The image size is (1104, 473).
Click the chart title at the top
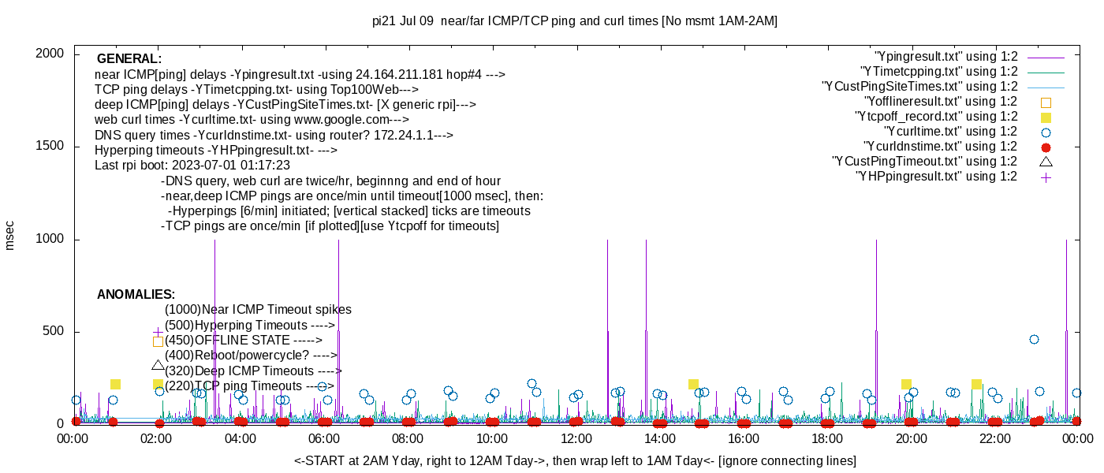(x=574, y=21)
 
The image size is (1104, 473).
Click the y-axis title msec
(x=10, y=235)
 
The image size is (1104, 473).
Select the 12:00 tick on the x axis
(x=576, y=438)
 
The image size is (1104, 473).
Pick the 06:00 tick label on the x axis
(x=324, y=438)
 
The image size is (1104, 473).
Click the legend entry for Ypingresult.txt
(x=946, y=57)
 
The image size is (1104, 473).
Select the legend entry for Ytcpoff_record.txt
(x=936, y=117)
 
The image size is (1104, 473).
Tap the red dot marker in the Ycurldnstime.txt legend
(x=1046, y=147)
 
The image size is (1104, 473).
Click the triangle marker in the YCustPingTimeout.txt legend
(x=1046, y=162)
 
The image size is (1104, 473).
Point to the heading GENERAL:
(x=129, y=59)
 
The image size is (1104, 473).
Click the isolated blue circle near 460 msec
(x=1034, y=340)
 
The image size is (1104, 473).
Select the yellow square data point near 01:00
(x=115, y=384)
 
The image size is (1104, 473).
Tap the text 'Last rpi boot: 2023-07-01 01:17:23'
(x=192, y=166)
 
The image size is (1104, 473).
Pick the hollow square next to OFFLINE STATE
(x=158, y=341)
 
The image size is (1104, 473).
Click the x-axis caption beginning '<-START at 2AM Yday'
(x=575, y=460)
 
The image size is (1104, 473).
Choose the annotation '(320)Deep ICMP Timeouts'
(x=253, y=371)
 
